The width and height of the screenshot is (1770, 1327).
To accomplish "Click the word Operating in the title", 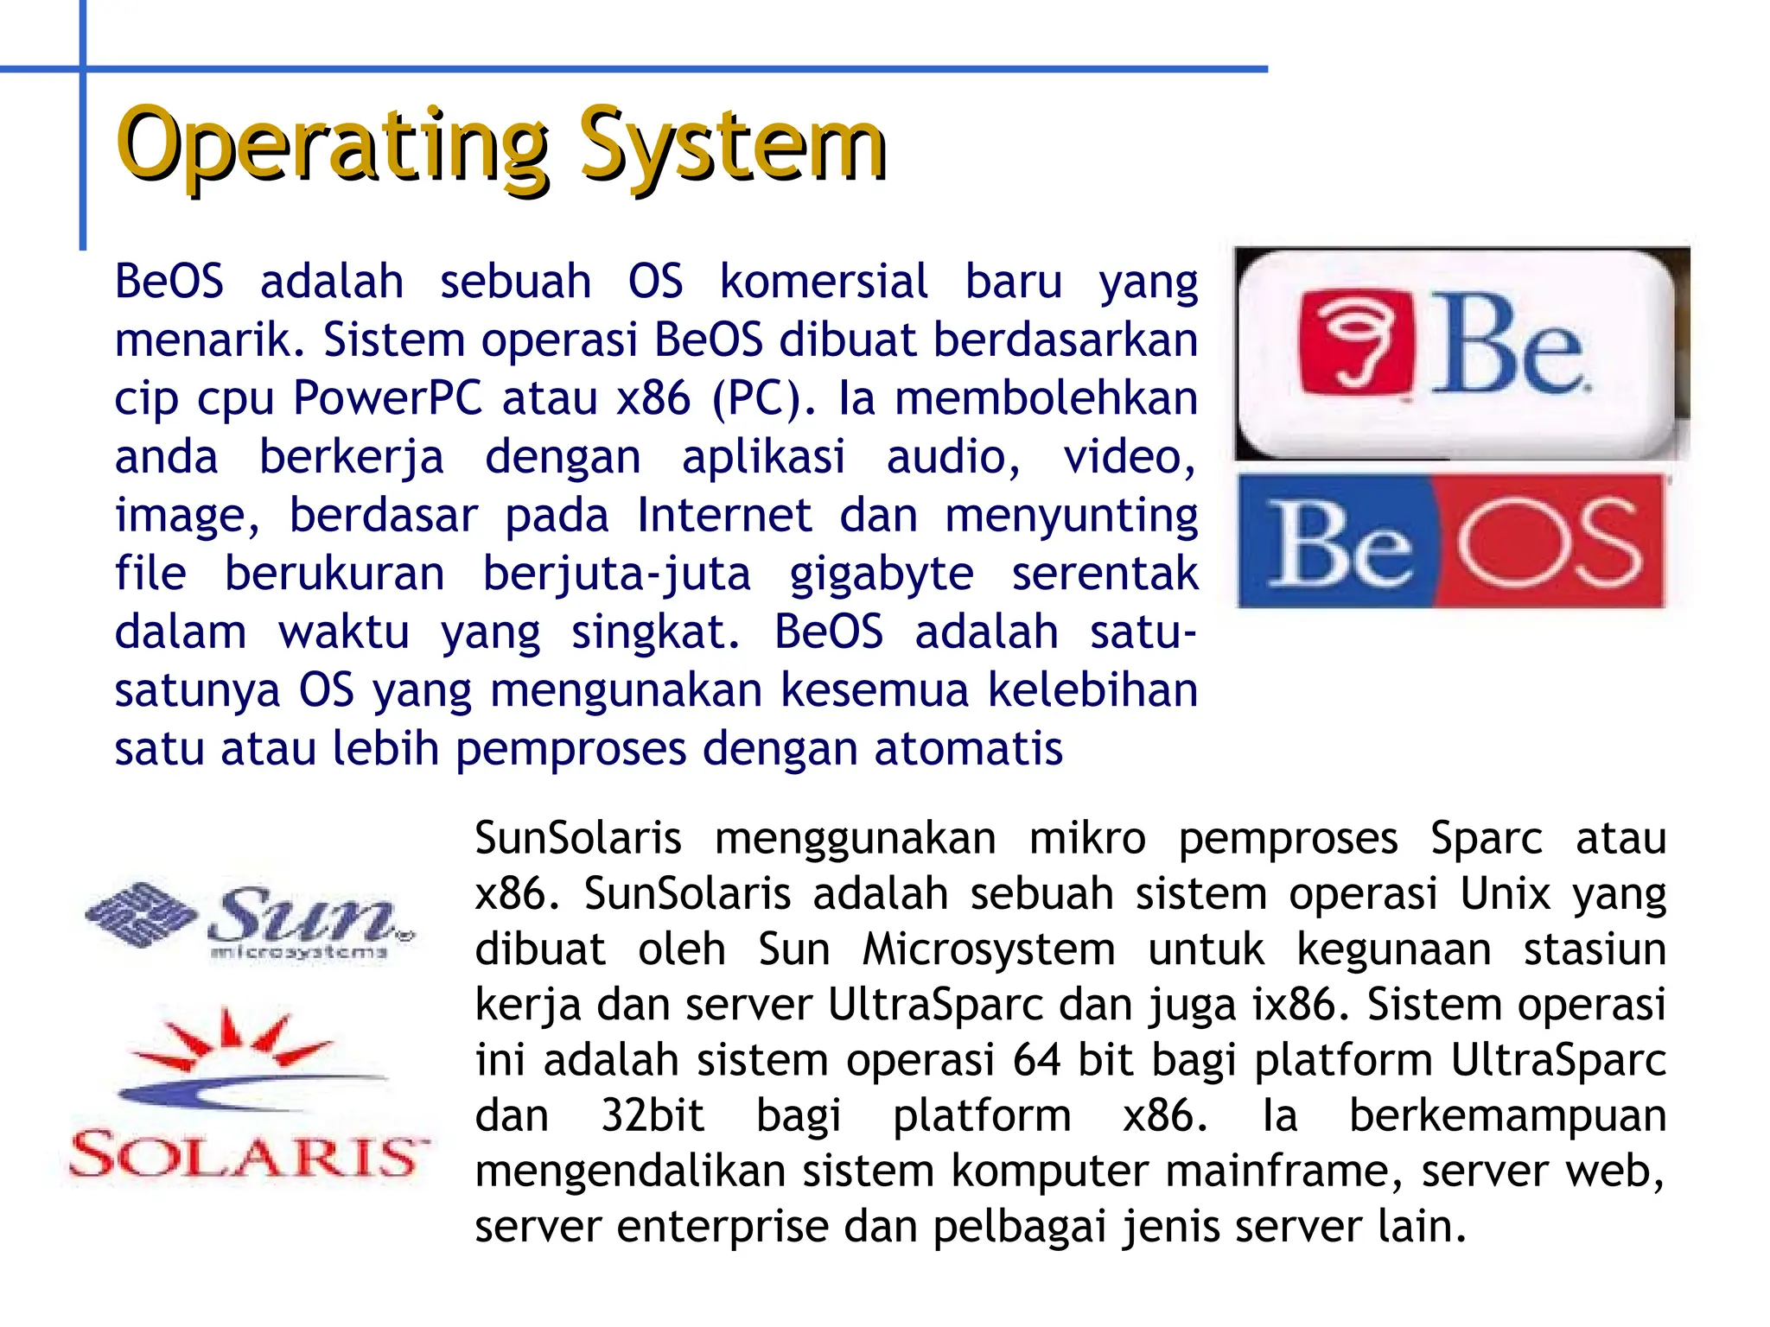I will coord(333,145).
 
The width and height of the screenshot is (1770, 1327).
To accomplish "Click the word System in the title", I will coord(733,145).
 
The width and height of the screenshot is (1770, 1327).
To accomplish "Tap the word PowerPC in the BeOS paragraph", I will coord(387,398).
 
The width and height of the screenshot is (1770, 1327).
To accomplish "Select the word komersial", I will coord(824,282).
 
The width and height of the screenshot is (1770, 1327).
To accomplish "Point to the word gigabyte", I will coord(882,575).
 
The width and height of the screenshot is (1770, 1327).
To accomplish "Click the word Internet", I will coord(724,516).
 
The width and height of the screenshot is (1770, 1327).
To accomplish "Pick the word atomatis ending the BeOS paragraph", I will coord(968,748).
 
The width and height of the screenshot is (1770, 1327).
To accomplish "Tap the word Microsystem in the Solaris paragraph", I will coord(989,949).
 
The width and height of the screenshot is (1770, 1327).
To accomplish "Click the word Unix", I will coord(1506,893).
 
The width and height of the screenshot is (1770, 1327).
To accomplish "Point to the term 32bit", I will coord(653,1115).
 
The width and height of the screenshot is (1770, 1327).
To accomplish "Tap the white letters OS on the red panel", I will coord(1548,543).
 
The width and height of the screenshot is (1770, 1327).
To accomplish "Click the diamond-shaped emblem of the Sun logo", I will coord(140,914).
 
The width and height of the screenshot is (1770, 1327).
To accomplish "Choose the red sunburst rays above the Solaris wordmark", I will coord(232,1039).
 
